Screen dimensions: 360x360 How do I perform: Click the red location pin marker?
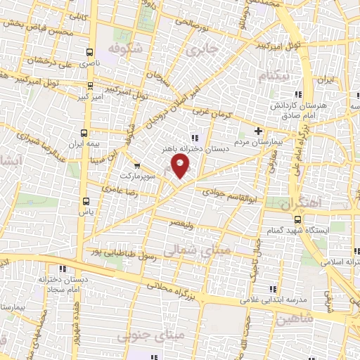[x=181, y=166]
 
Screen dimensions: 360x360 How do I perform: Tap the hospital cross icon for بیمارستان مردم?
[x=258, y=130]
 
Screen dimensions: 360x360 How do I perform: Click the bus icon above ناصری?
[x=89, y=51]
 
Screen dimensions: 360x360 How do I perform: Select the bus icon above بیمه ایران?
[x=84, y=132]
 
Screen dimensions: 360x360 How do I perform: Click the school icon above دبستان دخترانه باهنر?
[x=194, y=138]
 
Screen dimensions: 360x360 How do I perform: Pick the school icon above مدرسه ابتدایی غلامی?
[x=273, y=289]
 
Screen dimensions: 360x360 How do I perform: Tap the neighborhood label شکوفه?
[x=125, y=48]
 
